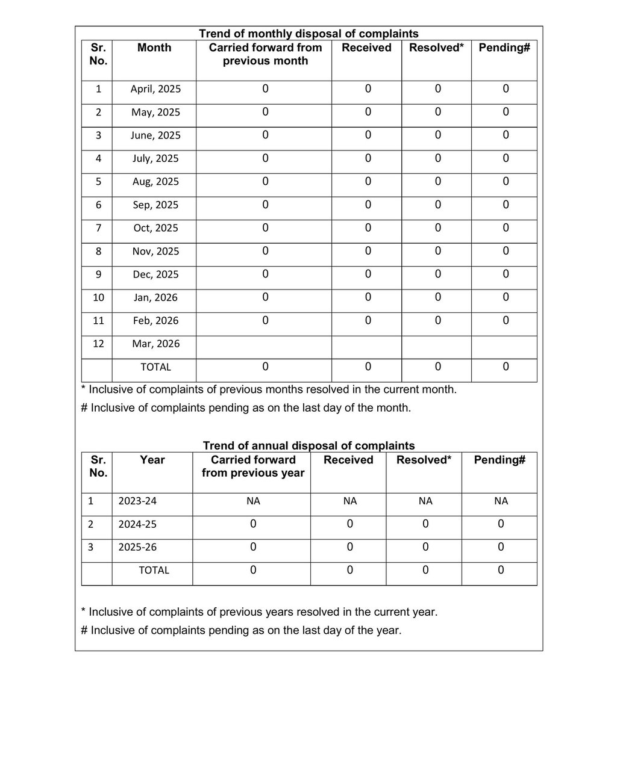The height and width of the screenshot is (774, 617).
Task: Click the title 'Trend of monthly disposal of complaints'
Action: pos(308,34)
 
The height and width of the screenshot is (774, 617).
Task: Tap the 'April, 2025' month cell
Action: pos(155,89)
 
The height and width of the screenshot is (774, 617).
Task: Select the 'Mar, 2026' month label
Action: pos(155,344)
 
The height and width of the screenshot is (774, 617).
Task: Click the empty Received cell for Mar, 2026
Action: pos(366,347)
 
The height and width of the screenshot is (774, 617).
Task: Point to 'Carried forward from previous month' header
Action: pos(265,54)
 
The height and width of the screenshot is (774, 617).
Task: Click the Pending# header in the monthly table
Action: pos(504,48)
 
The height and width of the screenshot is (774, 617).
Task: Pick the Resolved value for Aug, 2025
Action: pos(437,181)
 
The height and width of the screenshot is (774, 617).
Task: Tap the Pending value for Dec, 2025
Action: pos(506,274)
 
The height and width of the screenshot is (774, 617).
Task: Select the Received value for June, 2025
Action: pos(368,135)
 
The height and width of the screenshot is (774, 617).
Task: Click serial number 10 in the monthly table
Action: pos(98,297)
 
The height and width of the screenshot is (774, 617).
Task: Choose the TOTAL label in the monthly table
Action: pos(155,367)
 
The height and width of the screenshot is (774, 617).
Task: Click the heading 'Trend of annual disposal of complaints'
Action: pos(308,446)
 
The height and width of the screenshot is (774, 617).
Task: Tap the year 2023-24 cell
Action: pos(137,501)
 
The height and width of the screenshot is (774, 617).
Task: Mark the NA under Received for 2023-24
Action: pos(349,501)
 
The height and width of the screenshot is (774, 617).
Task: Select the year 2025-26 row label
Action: pos(137,548)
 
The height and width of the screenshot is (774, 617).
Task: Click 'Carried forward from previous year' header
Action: pos(253,466)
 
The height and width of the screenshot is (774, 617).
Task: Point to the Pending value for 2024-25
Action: pos(501,524)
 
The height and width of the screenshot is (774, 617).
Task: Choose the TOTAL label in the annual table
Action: pos(154,570)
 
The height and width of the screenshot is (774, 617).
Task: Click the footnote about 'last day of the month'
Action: pos(246,408)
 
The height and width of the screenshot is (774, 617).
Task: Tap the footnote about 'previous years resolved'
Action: pos(259,612)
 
